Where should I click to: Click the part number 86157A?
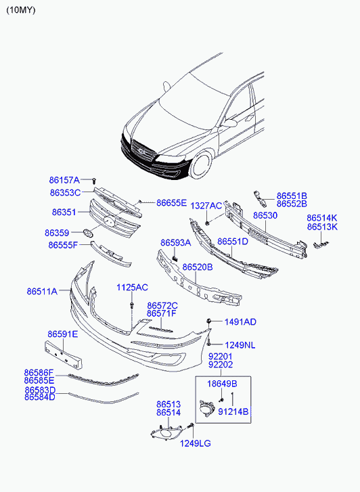[64, 180]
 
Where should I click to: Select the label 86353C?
[65, 192]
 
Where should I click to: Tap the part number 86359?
[57, 233]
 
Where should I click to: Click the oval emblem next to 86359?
[87, 233]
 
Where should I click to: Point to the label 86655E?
[171, 203]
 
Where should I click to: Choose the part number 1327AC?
[206, 206]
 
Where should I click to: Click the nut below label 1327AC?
[208, 223]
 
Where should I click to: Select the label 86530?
[265, 216]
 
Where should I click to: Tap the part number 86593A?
[176, 242]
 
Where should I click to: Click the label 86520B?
[198, 267]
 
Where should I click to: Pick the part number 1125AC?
[132, 288]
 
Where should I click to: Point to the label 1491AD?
[240, 322]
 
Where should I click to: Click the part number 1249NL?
[240, 345]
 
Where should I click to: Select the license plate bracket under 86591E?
[64, 355]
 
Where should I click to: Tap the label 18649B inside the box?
[222, 384]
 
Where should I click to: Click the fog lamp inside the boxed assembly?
[206, 409]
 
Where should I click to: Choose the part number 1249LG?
[195, 443]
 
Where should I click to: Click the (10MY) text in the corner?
[21, 10]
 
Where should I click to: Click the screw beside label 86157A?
[94, 181]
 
